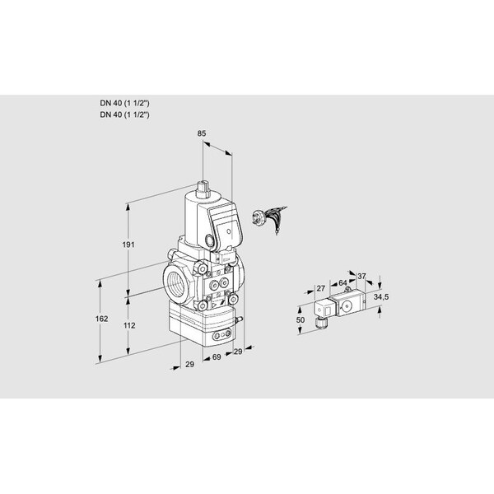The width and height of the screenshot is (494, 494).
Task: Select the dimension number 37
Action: click(x=361, y=276)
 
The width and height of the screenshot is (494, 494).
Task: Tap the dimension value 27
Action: click(x=320, y=287)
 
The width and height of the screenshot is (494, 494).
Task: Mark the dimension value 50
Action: click(x=301, y=319)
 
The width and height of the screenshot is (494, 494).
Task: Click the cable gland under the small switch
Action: click(x=319, y=326)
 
